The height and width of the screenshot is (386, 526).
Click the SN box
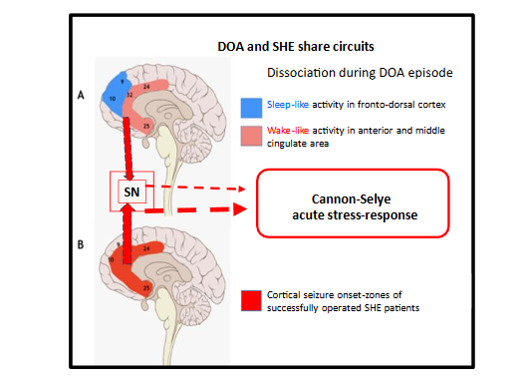click(x=131, y=190)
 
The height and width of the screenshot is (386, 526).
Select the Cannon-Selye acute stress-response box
click(x=354, y=202)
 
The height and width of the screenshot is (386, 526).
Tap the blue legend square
click(x=250, y=105)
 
